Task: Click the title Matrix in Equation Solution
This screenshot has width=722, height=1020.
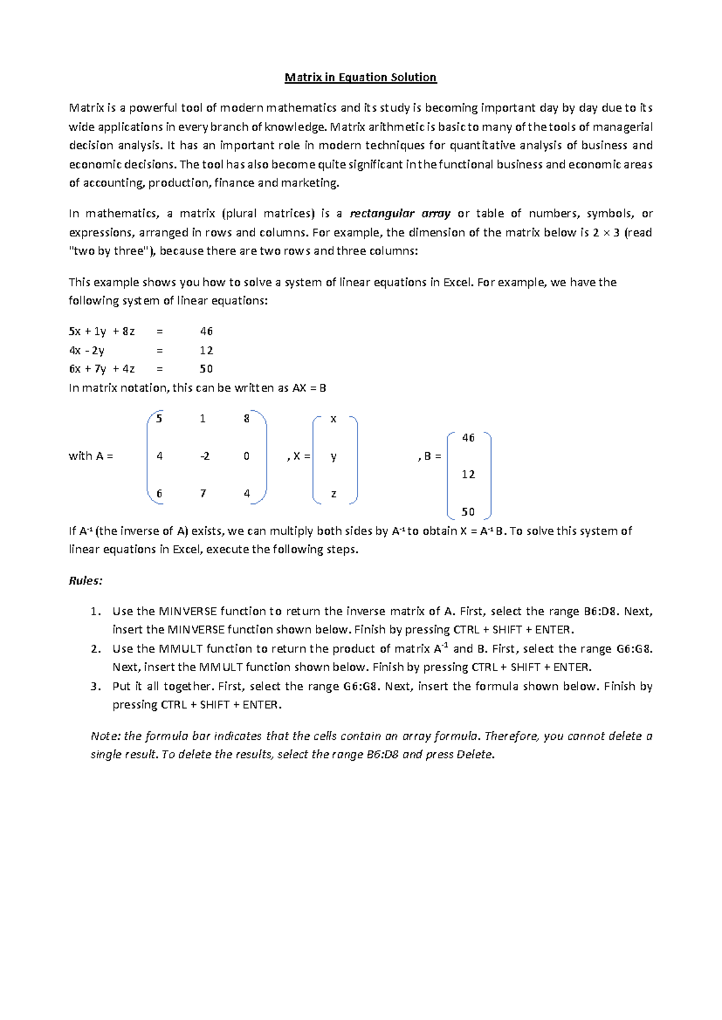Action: [360, 77]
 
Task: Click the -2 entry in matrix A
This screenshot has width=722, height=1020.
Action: [205, 456]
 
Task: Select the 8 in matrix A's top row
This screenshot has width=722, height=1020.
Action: [247, 419]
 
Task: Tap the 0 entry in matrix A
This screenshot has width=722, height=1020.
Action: [247, 456]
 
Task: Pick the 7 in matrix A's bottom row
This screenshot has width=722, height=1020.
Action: [203, 493]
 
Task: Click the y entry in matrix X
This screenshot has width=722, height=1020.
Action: [334, 456]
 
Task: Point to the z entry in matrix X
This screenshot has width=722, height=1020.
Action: [334, 494]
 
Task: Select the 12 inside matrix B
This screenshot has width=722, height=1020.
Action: [468, 475]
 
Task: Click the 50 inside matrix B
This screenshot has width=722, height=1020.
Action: [468, 512]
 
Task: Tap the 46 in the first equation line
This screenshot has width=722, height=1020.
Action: [206, 331]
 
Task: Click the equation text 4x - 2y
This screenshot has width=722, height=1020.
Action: [87, 350]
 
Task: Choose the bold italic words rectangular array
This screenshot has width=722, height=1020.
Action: [400, 214]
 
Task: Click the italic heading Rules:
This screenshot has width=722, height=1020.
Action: [85, 580]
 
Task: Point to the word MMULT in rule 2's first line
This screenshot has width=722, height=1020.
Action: [180, 648]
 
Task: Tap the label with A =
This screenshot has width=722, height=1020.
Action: [91, 456]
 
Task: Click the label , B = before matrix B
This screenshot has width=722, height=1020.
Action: [430, 456]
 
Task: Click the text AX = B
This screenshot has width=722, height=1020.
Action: [309, 388]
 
